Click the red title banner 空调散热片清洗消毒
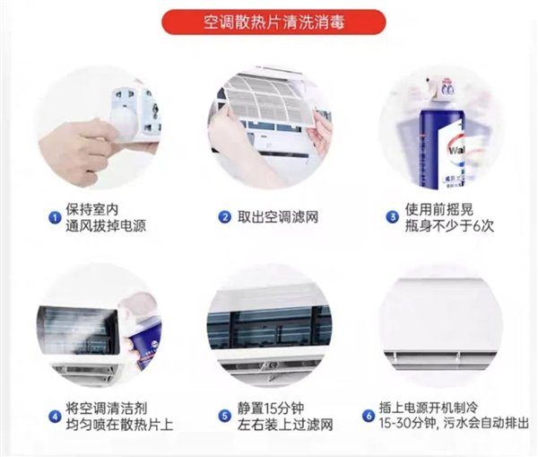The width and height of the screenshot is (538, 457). (x=273, y=22)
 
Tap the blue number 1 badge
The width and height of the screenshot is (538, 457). (x=55, y=218)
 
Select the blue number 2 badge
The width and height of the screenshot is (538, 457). (x=225, y=217)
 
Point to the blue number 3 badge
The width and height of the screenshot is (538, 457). (x=393, y=217)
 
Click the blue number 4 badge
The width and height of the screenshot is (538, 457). (x=55, y=417)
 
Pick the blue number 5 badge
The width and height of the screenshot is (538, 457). (x=225, y=417)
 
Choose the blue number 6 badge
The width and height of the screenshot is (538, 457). (x=369, y=416)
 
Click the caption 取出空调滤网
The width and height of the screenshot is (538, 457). (x=278, y=217)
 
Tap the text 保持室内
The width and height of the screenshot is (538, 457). (x=92, y=209)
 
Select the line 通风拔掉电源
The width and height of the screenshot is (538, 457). (x=106, y=225)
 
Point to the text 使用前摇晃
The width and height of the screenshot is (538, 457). (x=438, y=209)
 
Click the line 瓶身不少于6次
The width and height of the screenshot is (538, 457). (x=449, y=225)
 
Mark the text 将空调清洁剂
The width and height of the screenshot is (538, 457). (x=107, y=409)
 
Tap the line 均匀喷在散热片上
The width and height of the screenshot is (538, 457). (x=119, y=425)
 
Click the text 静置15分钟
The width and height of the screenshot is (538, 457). (x=271, y=409)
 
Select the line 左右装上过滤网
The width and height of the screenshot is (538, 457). (x=285, y=425)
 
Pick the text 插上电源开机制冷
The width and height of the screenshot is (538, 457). (x=429, y=408)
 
